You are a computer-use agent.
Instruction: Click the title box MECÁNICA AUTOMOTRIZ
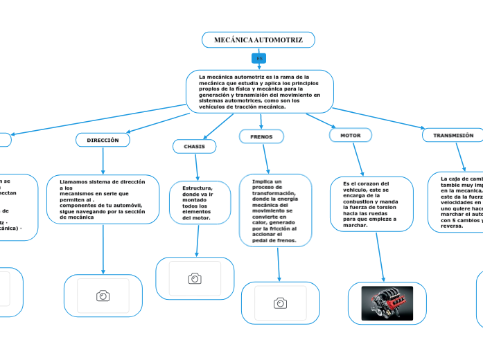[258, 40]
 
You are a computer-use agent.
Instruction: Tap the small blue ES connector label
[259, 59]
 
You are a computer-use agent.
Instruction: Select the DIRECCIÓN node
[103, 140]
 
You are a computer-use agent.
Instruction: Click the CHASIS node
[194, 147]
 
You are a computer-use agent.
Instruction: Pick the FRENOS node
[261, 136]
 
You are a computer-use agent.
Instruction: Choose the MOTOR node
[350, 135]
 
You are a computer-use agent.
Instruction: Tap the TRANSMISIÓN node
[453, 135]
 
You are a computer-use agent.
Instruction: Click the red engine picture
[387, 303]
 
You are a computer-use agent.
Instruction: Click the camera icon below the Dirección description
[103, 296]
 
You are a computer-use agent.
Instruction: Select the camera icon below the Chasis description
[195, 278]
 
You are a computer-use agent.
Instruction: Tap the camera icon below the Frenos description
[280, 303]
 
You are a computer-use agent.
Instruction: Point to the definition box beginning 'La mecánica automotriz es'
[259, 91]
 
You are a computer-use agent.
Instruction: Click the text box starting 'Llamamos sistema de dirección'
[103, 199]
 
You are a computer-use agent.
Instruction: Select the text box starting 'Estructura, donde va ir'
[197, 203]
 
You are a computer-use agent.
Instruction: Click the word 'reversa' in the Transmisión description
[452, 226]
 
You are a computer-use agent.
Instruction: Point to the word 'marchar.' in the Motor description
[355, 225]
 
